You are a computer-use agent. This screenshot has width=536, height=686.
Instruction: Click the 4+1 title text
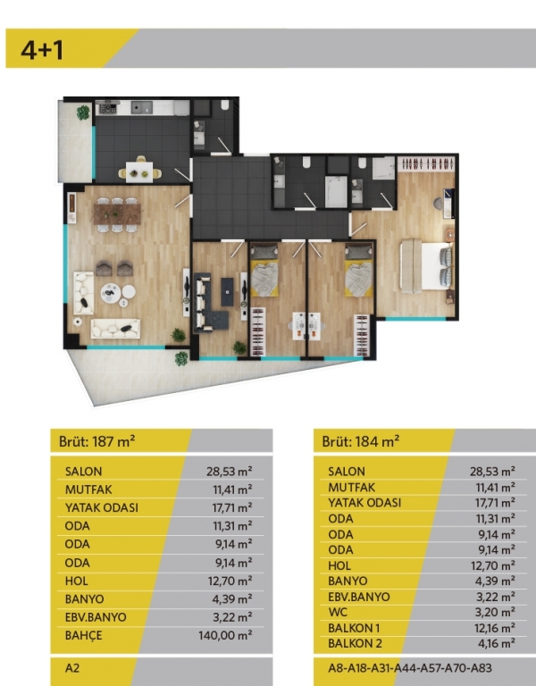tap(42, 50)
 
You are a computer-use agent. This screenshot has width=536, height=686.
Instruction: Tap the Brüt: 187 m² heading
tap(96, 441)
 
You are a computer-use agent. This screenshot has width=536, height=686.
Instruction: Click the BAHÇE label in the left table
tap(83, 635)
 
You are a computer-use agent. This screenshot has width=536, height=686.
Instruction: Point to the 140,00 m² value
tap(225, 635)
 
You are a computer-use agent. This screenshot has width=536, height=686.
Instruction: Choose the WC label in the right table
tap(338, 612)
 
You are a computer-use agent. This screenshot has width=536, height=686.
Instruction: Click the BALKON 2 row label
tap(355, 643)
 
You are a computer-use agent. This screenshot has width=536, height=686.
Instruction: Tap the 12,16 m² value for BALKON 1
tap(494, 628)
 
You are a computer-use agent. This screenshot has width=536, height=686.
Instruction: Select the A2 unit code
tap(72, 668)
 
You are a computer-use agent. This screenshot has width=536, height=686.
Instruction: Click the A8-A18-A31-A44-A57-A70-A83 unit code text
tap(409, 668)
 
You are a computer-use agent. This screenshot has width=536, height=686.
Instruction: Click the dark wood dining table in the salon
tap(117, 214)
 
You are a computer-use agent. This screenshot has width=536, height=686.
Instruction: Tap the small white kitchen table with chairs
tap(139, 171)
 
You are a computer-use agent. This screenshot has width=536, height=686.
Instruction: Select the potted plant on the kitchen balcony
tap(83, 113)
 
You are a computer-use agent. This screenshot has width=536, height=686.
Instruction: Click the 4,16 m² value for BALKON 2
tap(497, 643)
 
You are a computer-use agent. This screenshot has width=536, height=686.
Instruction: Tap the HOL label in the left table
tap(76, 581)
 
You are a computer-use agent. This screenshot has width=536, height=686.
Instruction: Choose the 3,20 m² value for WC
tap(496, 612)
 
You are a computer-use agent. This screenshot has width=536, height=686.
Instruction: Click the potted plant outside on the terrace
tap(181, 359)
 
